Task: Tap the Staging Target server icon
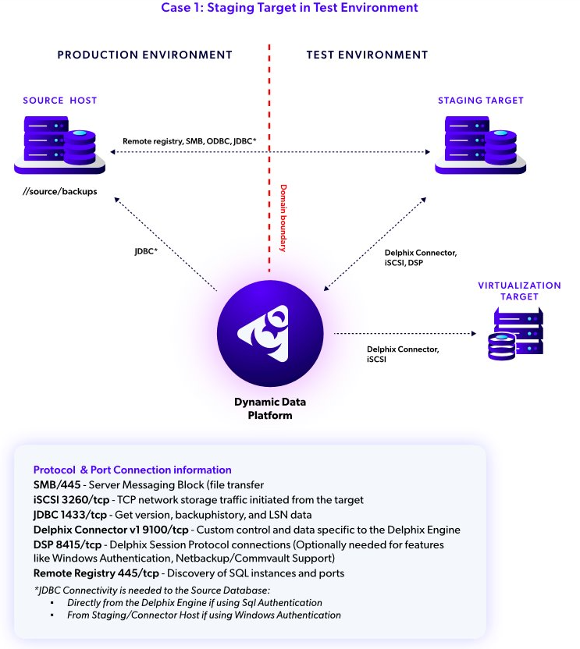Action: [x=480, y=145]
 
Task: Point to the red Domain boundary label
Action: [x=283, y=218]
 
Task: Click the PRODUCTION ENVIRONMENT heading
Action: [x=144, y=55]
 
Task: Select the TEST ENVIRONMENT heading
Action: [x=367, y=55]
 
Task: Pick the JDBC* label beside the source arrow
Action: [x=147, y=252]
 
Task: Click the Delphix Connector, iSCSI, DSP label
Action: [x=420, y=258]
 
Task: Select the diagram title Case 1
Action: [x=289, y=8]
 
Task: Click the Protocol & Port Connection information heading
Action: [x=132, y=470]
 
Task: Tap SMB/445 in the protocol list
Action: [x=55, y=484]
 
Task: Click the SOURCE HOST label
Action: [x=60, y=101]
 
